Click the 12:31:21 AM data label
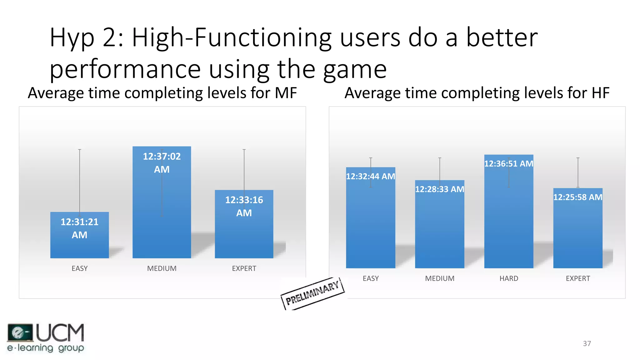click(79, 228)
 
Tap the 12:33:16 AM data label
click(244, 206)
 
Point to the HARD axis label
click(508, 278)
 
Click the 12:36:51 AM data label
click(508, 164)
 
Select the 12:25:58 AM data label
click(577, 197)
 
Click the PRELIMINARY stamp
click(312, 293)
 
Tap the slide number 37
click(587, 343)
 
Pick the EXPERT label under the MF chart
click(244, 268)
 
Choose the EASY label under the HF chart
click(370, 278)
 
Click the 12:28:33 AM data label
click(439, 189)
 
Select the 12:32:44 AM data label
click(370, 177)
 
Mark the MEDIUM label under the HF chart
click(439, 278)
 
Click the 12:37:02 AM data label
click(162, 163)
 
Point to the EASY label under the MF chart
click(79, 268)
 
